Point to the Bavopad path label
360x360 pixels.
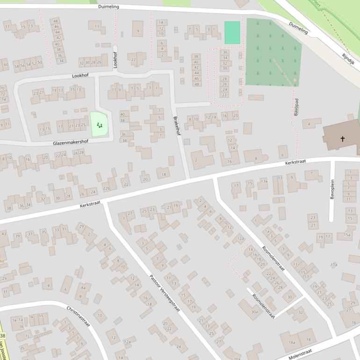tap(296, 108)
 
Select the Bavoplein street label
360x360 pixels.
tap(332, 189)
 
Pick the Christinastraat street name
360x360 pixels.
tap(78, 317)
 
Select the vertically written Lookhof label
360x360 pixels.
tap(115, 60)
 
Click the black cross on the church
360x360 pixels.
tap(343, 139)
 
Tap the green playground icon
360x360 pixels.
tap(99, 125)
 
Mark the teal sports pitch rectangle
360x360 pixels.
tap(232, 33)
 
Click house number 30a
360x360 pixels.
tap(254, 311)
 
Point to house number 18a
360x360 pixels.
tap(292, 342)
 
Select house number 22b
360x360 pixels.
tap(106, 188)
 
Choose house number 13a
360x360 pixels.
tap(264, 181)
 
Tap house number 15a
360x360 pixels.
tap(346, 235)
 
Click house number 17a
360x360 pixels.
tap(333, 265)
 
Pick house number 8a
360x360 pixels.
tap(83, 288)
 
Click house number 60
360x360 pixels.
tap(6, 65)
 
